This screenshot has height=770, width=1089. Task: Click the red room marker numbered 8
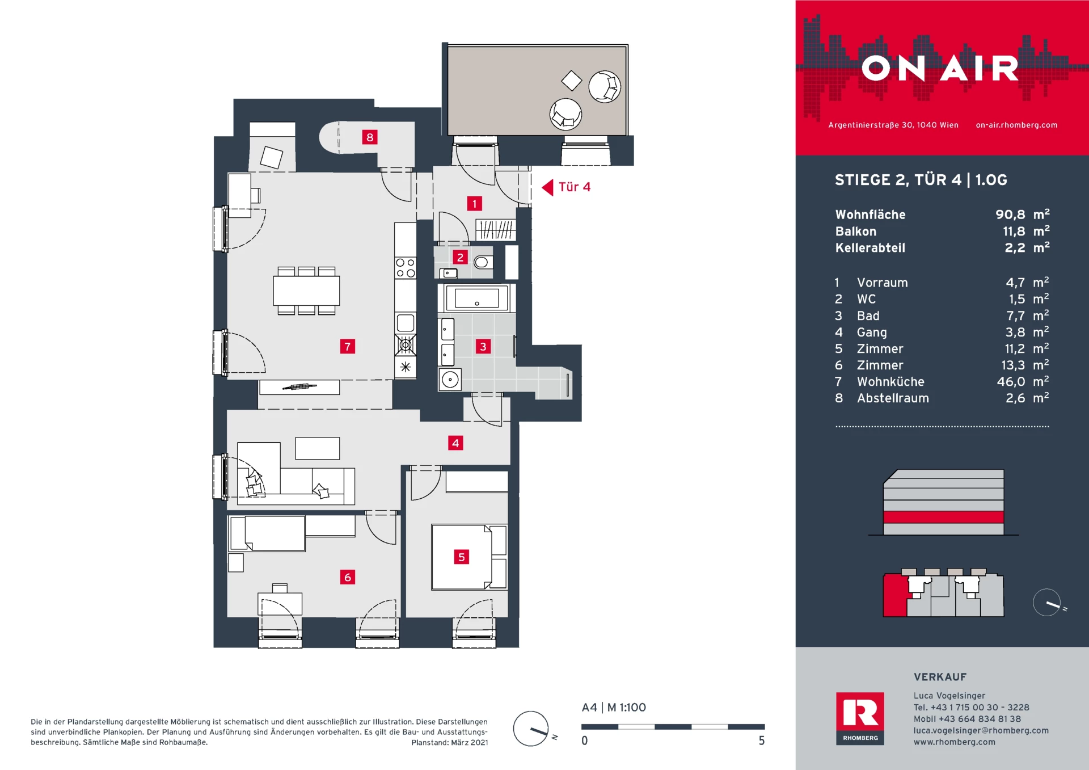pyautogui.click(x=370, y=137)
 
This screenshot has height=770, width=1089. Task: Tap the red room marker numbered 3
pyautogui.click(x=483, y=346)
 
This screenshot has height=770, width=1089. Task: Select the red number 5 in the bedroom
pyautogui.click(x=461, y=557)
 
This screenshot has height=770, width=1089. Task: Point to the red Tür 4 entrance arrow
pyautogui.click(x=547, y=187)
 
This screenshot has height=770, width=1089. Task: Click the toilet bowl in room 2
pyautogui.click(x=483, y=262)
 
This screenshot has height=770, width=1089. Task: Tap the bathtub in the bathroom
pyautogui.click(x=476, y=298)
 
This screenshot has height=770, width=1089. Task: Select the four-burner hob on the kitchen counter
pyautogui.click(x=406, y=268)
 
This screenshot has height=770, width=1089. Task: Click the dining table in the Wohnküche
pyautogui.click(x=306, y=291)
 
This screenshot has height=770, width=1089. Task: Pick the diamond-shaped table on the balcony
pyautogui.click(x=571, y=81)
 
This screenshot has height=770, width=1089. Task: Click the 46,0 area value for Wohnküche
pyautogui.click(x=1011, y=382)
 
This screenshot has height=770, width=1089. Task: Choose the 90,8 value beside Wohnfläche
pyautogui.click(x=1010, y=214)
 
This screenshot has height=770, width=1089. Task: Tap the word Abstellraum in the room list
pyautogui.click(x=893, y=398)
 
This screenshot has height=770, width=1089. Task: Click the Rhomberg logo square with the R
pyautogui.click(x=860, y=718)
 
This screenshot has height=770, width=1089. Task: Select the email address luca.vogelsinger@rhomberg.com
pyautogui.click(x=981, y=730)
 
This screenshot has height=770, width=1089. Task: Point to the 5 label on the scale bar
pyautogui.click(x=762, y=740)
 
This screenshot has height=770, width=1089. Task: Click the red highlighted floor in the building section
pyautogui.click(x=943, y=517)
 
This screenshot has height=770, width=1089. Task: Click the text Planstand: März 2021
pyautogui.click(x=449, y=742)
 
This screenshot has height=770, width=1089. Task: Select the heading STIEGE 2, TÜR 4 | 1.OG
pyautogui.click(x=921, y=180)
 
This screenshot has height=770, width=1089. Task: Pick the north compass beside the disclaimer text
pyautogui.click(x=531, y=729)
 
